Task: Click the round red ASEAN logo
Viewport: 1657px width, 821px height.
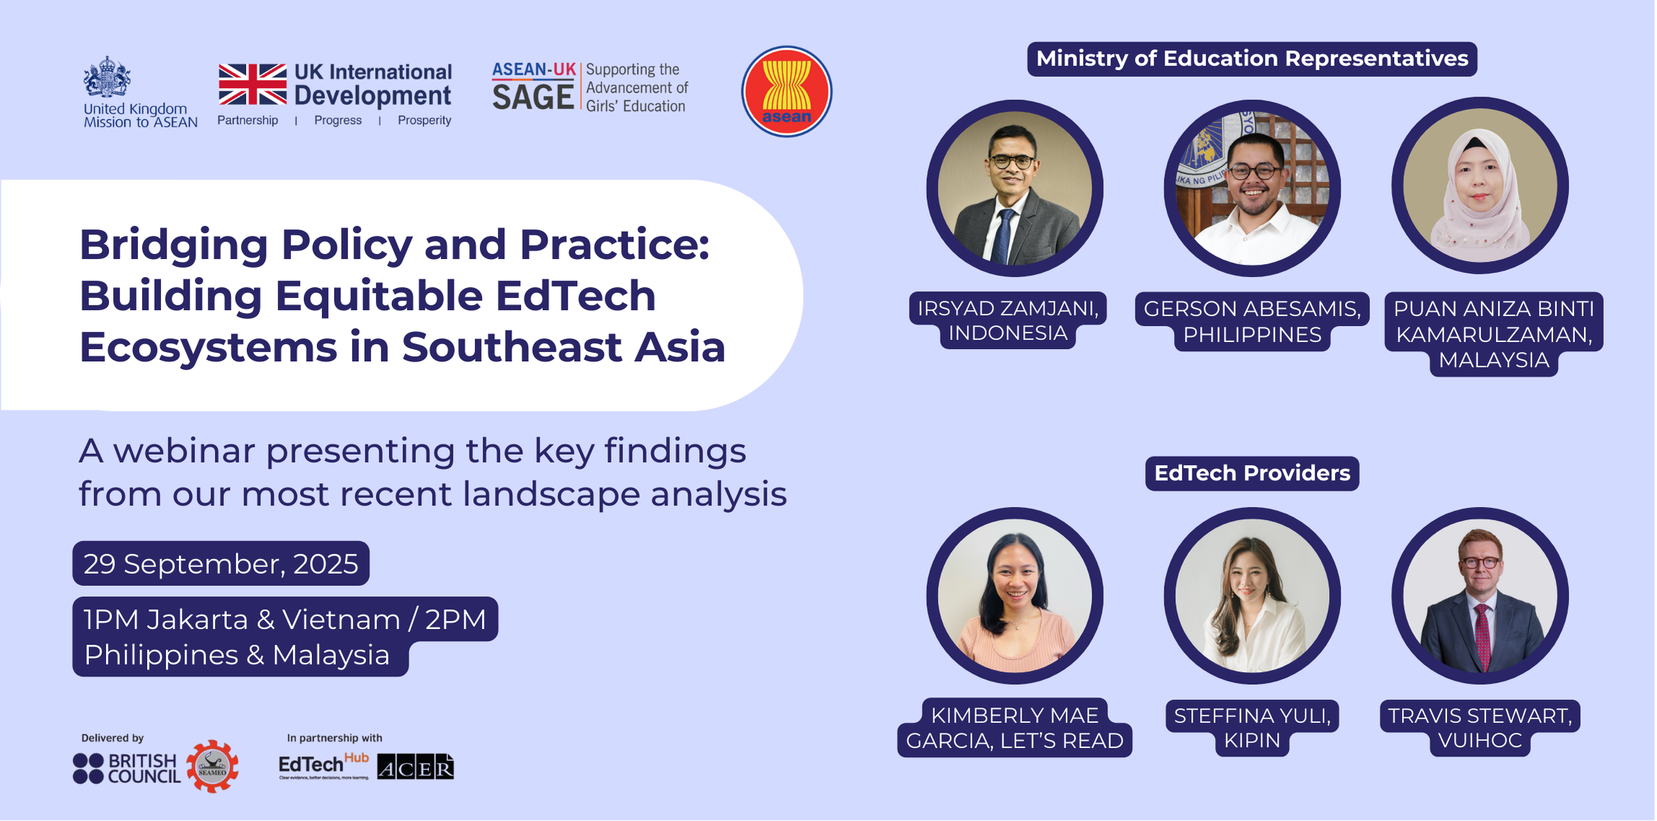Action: [x=786, y=92]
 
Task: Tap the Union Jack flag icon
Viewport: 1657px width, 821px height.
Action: [x=252, y=84]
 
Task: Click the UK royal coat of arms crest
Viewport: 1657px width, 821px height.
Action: [x=107, y=77]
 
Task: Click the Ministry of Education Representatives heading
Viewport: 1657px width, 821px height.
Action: [x=1251, y=58]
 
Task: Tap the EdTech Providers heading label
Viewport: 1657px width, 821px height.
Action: [x=1251, y=473]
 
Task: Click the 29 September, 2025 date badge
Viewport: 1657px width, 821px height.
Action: [x=220, y=563]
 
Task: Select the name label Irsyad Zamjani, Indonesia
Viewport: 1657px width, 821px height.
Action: [x=1007, y=320]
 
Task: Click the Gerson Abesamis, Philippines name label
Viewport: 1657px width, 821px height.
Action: [x=1251, y=322]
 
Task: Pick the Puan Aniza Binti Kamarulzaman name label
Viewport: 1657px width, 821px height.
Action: [x=1493, y=334]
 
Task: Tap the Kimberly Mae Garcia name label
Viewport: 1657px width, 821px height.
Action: [x=1014, y=727]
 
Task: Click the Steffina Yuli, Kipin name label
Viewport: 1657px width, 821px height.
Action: [x=1251, y=727]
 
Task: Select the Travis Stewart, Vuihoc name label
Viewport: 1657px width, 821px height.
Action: [x=1479, y=727]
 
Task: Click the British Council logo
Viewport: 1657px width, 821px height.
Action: [x=126, y=768]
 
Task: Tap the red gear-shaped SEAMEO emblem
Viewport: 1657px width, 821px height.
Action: [x=212, y=766]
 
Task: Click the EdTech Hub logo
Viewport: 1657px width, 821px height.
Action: [x=323, y=765]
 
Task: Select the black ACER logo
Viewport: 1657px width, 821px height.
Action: [x=415, y=768]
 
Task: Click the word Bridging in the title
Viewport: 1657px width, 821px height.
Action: [x=173, y=245]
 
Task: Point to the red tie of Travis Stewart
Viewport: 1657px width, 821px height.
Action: [x=1482, y=635]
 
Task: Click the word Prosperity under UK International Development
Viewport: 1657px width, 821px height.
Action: [x=424, y=120]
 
